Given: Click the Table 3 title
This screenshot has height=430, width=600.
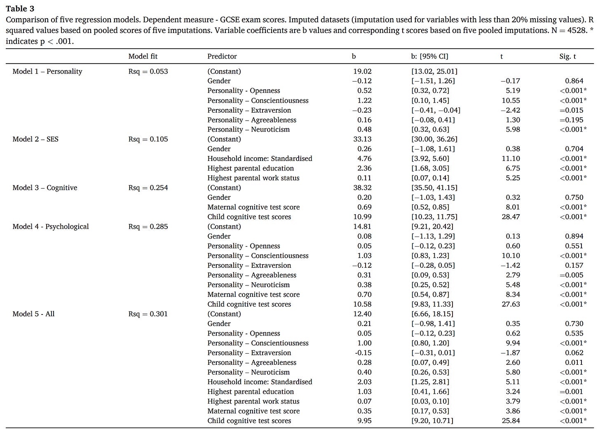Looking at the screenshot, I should pos(20,9).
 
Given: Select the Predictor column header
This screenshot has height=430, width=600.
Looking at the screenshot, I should pos(222,56).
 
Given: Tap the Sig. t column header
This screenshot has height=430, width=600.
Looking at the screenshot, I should pos(567,56).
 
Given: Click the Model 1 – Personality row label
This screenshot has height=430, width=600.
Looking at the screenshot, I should pos(47,71).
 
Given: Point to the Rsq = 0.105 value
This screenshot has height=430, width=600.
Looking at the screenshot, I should pos(148,139).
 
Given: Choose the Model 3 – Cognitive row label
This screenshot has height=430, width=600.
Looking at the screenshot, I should pos(45,188).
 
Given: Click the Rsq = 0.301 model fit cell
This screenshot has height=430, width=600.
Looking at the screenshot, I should pos(148,314).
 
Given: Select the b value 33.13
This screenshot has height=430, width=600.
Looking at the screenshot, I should pos(362,139).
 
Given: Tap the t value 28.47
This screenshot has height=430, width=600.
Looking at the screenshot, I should pos(511,217).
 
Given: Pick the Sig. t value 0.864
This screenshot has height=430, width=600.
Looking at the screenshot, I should pos(574,81).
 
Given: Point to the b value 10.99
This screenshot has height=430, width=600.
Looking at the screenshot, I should pos(362,217).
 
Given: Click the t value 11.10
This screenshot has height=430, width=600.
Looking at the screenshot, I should pos(511,158).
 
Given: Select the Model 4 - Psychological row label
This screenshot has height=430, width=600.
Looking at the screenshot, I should pos(51,227).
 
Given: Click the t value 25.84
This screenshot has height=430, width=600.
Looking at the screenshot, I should pos(511,421).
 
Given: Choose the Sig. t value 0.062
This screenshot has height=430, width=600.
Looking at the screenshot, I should pos(574,353).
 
